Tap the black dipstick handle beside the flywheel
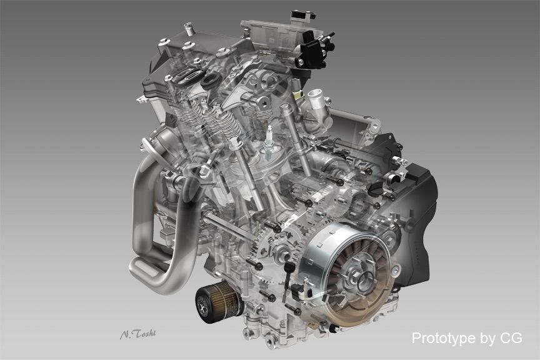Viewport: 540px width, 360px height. click(x=288, y=267)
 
